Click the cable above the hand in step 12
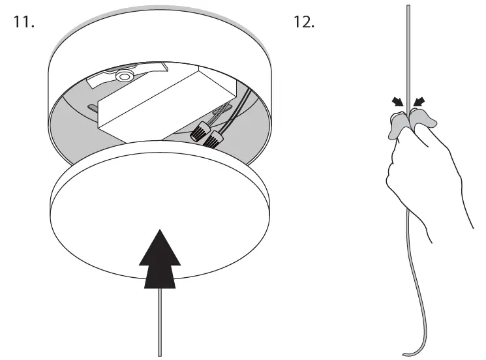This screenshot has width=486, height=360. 408,52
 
